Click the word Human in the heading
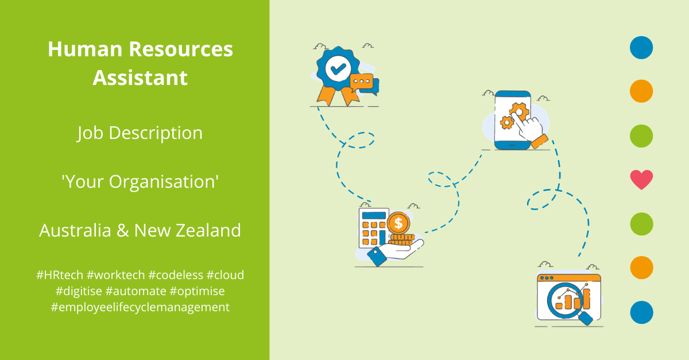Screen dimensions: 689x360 (x=85, y=49)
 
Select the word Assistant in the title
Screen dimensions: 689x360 (x=140, y=78)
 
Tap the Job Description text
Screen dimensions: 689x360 (x=140, y=133)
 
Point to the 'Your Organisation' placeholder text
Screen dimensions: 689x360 (x=140, y=181)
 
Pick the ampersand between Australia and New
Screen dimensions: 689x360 (x=122, y=230)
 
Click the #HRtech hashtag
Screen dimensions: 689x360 (x=60, y=275)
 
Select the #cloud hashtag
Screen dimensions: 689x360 (x=225, y=275)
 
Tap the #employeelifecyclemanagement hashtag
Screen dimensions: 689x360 (x=140, y=307)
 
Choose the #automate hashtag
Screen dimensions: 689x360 (x=136, y=291)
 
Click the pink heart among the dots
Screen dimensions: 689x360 (x=641, y=180)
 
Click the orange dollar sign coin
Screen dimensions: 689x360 (x=398, y=223)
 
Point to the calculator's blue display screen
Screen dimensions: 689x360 (x=374, y=215)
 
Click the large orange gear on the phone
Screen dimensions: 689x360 (x=519, y=112)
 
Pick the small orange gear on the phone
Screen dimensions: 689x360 (x=506, y=122)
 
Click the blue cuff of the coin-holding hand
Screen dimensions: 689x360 (x=377, y=256)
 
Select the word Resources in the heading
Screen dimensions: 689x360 (x=181, y=49)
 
